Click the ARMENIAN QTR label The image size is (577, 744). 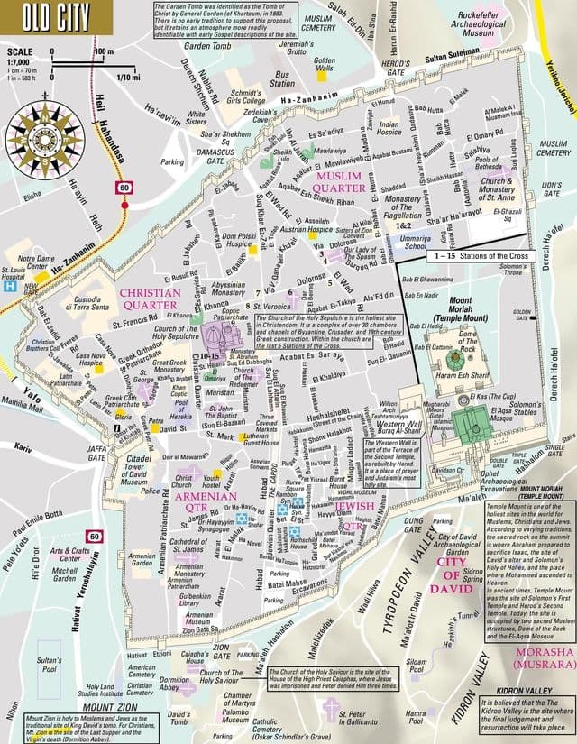tap(205, 502)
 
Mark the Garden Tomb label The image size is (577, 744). tap(207, 44)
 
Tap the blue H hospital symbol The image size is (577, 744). tap(9, 285)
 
